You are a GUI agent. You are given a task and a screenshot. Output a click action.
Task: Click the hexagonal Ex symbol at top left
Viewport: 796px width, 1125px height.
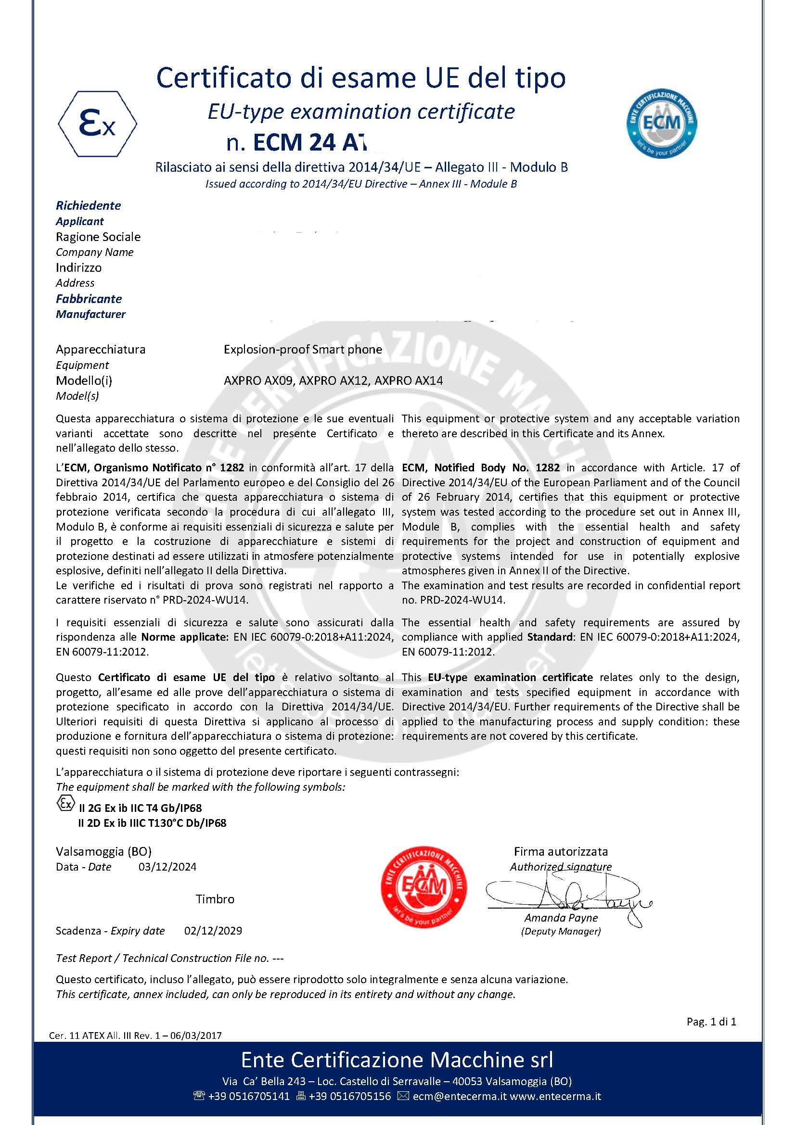pos(98,124)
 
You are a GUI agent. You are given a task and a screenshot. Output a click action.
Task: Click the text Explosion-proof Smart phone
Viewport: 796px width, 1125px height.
pos(302,349)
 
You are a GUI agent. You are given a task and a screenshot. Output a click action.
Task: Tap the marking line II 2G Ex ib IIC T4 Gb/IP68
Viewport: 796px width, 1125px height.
pos(140,808)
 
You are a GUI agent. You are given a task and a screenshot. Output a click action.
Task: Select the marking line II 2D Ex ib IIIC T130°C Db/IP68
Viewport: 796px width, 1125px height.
pos(152,823)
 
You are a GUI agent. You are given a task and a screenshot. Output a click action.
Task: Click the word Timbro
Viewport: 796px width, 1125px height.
pos(215,899)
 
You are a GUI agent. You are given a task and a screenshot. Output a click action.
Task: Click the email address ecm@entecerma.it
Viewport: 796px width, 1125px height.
pos(459,1096)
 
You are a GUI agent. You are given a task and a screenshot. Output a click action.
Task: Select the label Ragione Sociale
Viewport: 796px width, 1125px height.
pos(98,237)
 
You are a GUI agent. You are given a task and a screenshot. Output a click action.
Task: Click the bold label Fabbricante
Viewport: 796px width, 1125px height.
pos(89,298)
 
